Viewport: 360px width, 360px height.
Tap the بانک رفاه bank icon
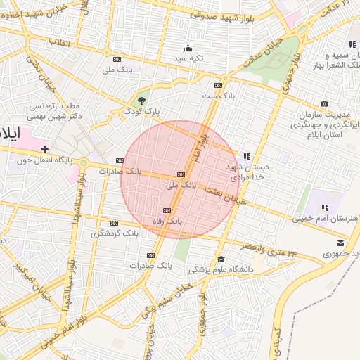tap(167, 210)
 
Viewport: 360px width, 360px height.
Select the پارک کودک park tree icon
tap(142, 101)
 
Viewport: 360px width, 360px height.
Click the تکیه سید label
tap(188, 58)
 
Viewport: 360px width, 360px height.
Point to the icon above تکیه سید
tap(188, 48)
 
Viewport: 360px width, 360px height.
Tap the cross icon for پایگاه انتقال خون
tap(45, 149)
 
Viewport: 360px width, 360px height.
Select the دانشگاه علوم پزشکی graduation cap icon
tap(220, 259)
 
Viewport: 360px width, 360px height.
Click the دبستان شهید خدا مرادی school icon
tap(246, 156)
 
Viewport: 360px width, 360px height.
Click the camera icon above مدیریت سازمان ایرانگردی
tap(324, 104)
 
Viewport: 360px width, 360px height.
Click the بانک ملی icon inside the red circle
tap(181, 174)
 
